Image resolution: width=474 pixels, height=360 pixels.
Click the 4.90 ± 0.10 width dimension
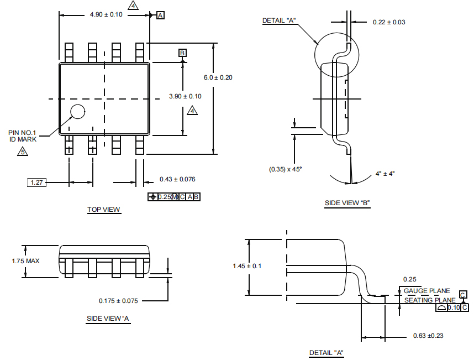[106, 14]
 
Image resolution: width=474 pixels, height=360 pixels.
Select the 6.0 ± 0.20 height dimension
[218, 77]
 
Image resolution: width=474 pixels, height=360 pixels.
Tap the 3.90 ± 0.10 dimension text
[185, 96]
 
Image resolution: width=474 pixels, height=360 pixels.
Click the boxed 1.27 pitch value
[37, 182]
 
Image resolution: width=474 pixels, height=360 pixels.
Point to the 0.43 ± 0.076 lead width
[177, 179]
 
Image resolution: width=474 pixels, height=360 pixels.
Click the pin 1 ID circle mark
[77, 111]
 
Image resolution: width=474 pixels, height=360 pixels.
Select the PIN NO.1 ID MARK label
[23, 136]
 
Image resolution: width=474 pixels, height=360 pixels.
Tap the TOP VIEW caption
[104, 210]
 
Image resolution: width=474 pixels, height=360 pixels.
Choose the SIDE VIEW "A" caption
[108, 319]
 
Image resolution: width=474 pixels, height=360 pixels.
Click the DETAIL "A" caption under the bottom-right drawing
[326, 353]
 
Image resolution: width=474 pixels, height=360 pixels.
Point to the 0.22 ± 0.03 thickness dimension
[389, 22]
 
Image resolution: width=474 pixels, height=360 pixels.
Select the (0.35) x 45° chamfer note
[286, 169]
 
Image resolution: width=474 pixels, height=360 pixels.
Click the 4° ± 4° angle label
[385, 174]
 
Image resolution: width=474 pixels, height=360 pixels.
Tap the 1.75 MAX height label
[26, 260]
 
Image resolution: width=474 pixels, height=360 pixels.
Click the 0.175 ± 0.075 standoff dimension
[118, 301]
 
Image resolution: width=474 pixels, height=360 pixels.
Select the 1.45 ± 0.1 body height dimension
[247, 266]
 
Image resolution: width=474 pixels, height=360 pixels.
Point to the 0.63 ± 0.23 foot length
[429, 336]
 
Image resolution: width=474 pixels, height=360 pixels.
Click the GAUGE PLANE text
[426, 291]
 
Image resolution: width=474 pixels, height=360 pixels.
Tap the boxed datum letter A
[160, 15]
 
